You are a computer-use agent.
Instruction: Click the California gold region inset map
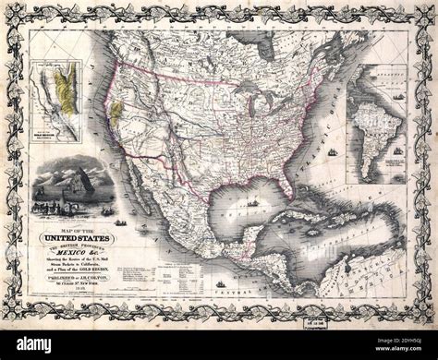(x=56, y=102)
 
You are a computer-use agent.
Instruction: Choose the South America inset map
(x=375, y=129)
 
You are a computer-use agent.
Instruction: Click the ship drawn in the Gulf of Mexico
(x=251, y=202)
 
